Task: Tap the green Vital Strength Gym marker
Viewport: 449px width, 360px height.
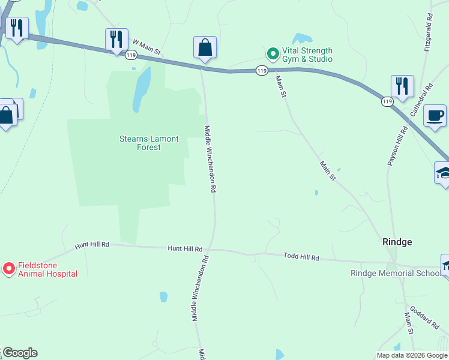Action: [273, 54]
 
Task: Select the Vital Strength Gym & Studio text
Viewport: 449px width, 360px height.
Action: [307, 55]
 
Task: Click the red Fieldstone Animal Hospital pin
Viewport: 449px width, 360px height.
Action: [9, 269]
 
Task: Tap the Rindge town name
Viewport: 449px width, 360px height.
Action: [397, 242]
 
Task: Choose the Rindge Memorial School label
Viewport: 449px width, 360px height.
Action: [395, 274]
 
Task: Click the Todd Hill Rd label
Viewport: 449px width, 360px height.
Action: [301, 257]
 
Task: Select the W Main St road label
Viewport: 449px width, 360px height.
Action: [147, 47]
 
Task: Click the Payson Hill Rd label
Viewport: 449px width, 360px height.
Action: [397, 144]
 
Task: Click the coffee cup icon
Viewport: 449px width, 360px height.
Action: [435, 115]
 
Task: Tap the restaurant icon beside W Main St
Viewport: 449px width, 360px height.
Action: [116, 40]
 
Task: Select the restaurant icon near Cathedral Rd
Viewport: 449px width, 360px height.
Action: [402, 86]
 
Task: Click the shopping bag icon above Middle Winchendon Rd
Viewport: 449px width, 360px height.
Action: [205, 47]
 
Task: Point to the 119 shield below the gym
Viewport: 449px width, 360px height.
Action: [261, 71]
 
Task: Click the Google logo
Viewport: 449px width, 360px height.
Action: [20, 353]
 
